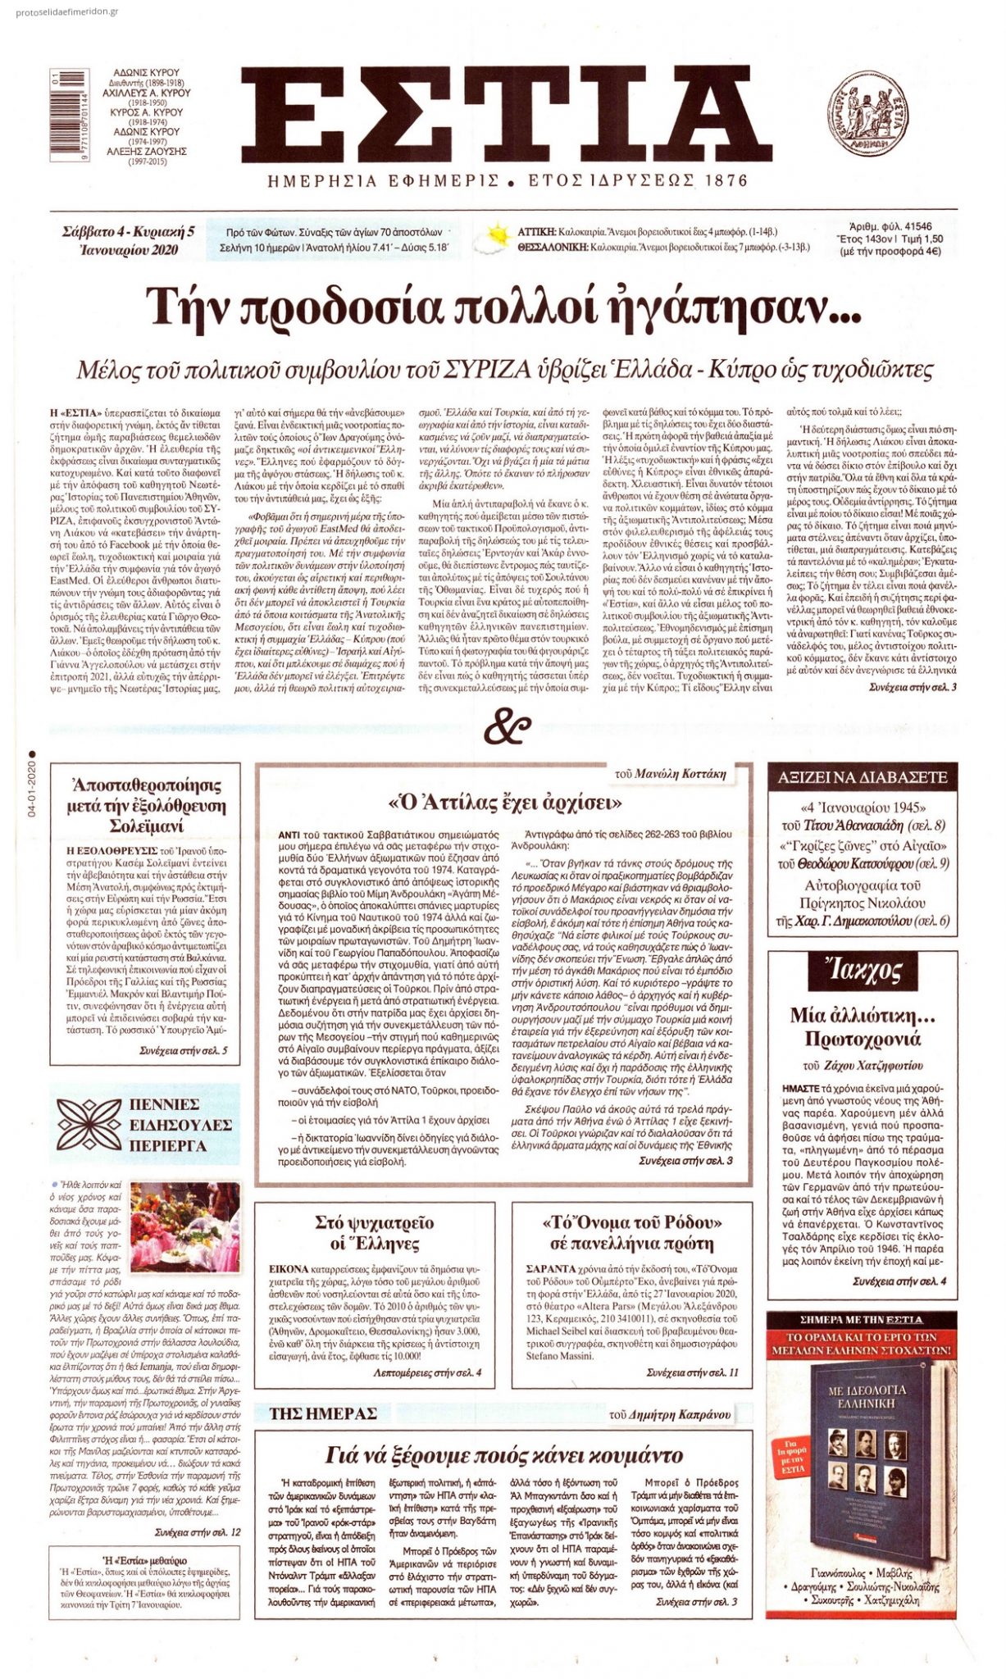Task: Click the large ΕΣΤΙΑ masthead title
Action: pyautogui.click(x=506, y=115)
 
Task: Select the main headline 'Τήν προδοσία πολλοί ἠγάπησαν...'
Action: pyautogui.click(x=503, y=307)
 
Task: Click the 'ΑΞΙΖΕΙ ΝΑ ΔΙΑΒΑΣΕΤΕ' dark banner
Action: pyautogui.click(x=862, y=777)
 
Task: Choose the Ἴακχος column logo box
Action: pyautogui.click(x=863, y=972)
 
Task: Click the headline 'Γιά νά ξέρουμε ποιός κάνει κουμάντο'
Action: pyautogui.click(x=503, y=1455)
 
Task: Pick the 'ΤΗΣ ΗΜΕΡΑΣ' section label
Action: pyautogui.click(x=324, y=1413)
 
